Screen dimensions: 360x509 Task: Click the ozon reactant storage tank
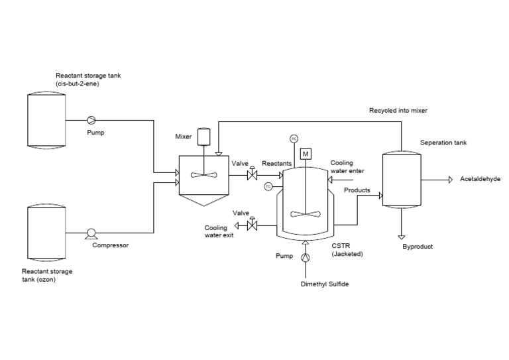tap(46, 234)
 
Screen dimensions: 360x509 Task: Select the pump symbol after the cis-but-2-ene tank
tap(91, 120)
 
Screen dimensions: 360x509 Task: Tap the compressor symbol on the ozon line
tap(91, 234)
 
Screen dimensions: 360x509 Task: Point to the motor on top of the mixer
tap(204, 137)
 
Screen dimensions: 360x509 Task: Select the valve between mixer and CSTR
tap(252, 176)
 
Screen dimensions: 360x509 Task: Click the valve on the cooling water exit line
tap(252, 226)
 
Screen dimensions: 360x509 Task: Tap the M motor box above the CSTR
tap(306, 154)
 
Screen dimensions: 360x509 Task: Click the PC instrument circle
tap(293, 139)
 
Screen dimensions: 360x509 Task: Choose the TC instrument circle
tap(268, 186)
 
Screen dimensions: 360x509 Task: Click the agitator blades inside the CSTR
tap(306, 214)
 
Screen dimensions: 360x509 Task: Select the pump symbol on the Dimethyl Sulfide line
tap(306, 257)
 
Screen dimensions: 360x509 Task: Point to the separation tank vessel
tap(402, 180)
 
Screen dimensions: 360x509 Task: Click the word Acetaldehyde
tap(479, 180)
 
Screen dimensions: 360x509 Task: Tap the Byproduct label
tap(417, 247)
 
